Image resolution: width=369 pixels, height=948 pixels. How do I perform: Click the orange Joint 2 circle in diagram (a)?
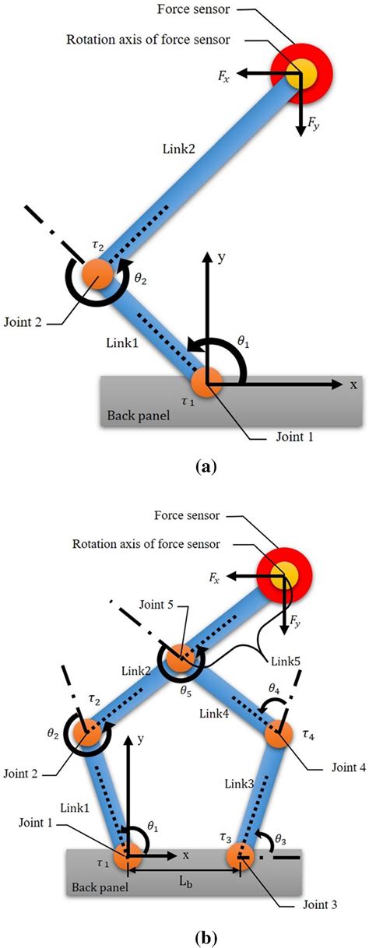[98, 273]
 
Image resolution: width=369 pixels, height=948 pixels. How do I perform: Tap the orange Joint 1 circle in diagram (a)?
[207, 382]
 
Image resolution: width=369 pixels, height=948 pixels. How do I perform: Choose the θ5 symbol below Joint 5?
[184, 687]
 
